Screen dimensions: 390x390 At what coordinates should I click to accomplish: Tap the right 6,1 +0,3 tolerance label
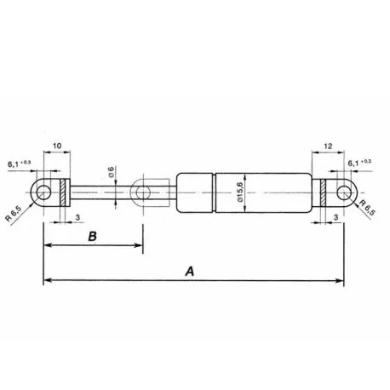pyautogui.click(x=360, y=161)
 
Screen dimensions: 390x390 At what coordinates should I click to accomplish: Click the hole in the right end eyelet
pyautogui.click(x=343, y=192)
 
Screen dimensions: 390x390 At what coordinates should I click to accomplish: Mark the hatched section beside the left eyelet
pyautogui.click(x=63, y=192)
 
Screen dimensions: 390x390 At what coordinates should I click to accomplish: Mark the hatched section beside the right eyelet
pyautogui.click(x=324, y=192)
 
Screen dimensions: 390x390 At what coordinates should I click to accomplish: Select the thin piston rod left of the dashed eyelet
pyautogui.click(x=98, y=192)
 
